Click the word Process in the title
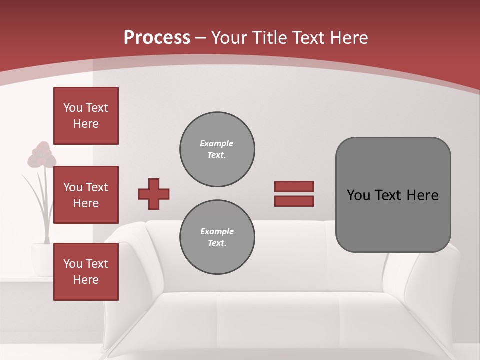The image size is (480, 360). [x=157, y=38]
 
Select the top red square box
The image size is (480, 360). [x=86, y=116]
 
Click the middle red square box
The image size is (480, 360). [x=86, y=195]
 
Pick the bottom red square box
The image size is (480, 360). [x=86, y=271]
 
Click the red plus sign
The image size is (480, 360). [x=154, y=194]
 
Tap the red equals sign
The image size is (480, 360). [x=294, y=194]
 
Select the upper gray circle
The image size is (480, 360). [x=217, y=149]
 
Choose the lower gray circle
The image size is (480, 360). [x=217, y=237]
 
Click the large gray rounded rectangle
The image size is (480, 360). [x=393, y=195]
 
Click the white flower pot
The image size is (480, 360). [x=42, y=259]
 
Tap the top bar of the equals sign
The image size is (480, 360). [x=294, y=186]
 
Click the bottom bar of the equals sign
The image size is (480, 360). [x=294, y=201]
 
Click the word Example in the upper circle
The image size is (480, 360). [x=217, y=143]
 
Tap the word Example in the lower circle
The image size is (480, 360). [x=217, y=231]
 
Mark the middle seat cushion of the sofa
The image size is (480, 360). [x=277, y=320]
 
